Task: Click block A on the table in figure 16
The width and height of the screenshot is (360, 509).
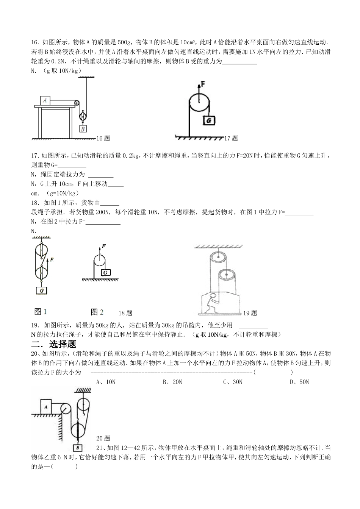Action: [45, 100]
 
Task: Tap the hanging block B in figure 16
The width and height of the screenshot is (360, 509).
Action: [83, 129]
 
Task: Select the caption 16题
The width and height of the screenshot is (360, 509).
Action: [103, 139]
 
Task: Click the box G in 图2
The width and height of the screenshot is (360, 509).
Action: [106, 272]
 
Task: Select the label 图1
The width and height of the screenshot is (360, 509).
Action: [41, 312]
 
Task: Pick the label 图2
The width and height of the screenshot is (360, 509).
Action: [97, 312]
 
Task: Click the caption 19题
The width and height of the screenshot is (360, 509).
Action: [250, 313]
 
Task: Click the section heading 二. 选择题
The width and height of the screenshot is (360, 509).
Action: [54, 344]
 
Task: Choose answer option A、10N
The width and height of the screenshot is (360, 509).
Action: [106, 382]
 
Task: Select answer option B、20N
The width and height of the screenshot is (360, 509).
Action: [172, 382]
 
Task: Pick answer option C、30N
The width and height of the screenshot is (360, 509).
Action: [233, 382]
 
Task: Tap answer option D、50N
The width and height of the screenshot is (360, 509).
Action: [299, 382]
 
